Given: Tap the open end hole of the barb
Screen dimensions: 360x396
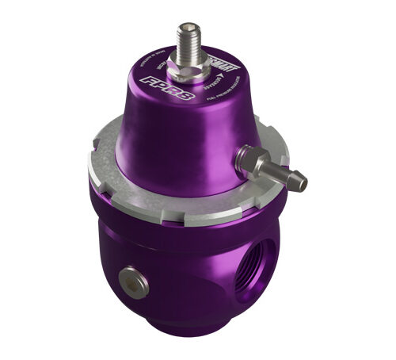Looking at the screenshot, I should [305, 185].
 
